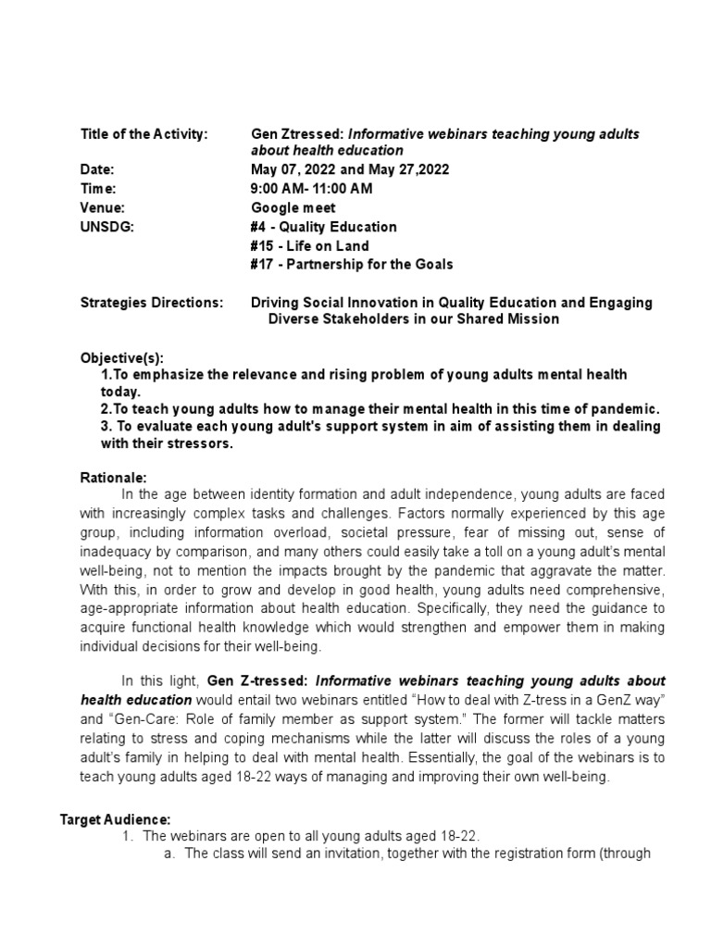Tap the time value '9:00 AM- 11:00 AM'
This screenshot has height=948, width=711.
pos(312,189)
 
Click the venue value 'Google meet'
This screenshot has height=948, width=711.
pos(293,208)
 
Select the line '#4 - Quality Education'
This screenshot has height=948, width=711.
pos(324,227)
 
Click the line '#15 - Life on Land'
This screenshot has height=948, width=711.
pos(309,245)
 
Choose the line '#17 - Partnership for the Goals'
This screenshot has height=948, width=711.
pos(352,265)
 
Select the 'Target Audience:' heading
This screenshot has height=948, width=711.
pos(116,819)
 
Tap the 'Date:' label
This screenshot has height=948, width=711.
pos(97,170)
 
